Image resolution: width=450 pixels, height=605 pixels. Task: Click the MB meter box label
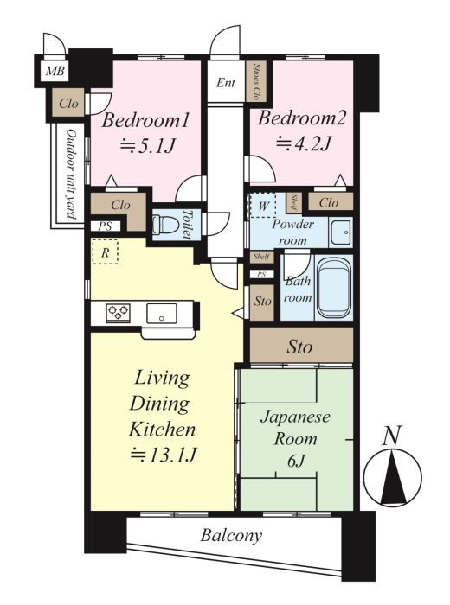click(55, 71)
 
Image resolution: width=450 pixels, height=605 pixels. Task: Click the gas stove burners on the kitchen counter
click(119, 313)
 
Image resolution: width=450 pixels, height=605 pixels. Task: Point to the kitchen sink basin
click(162, 313)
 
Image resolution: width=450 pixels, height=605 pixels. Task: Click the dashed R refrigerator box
click(105, 252)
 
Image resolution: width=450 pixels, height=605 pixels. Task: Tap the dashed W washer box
click(263, 206)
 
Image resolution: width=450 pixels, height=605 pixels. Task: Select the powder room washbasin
click(340, 232)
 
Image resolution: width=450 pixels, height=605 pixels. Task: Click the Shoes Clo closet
click(255, 81)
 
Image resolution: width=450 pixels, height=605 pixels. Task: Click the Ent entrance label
click(226, 83)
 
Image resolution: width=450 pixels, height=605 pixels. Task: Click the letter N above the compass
click(392, 436)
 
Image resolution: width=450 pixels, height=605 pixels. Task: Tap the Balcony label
click(231, 536)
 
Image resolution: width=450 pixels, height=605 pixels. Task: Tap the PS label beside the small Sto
click(261, 274)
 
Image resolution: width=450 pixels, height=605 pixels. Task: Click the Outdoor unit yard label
click(72, 174)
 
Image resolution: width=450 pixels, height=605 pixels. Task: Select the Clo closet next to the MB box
click(68, 103)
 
